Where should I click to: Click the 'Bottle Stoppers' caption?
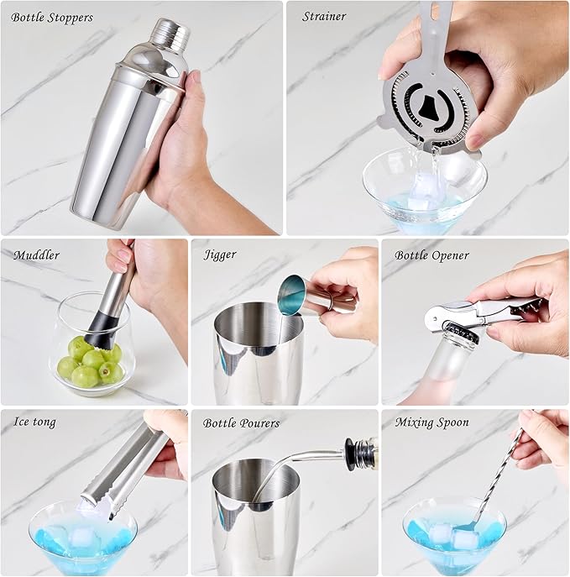coord(52,18)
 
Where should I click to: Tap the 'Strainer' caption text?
coord(324,17)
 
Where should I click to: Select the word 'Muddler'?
coord(36,255)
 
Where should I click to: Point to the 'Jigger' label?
coord(220,254)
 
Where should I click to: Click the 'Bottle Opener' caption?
coord(431,255)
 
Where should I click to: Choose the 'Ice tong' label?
coord(34,422)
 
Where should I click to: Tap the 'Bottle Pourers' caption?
coord(241,423)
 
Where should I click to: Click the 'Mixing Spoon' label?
coord(432,422)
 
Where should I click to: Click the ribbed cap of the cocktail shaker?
coord(170,33)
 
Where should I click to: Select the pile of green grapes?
coord(91,362)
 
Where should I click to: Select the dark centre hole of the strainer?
coord(428,107)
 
